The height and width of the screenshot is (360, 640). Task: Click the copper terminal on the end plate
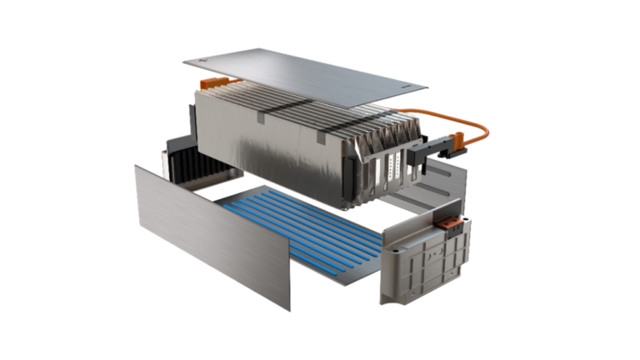coord(449,223)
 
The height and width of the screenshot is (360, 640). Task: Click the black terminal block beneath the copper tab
coord(451,232)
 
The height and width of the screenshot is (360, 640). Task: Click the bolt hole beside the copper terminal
coord(467,220)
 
